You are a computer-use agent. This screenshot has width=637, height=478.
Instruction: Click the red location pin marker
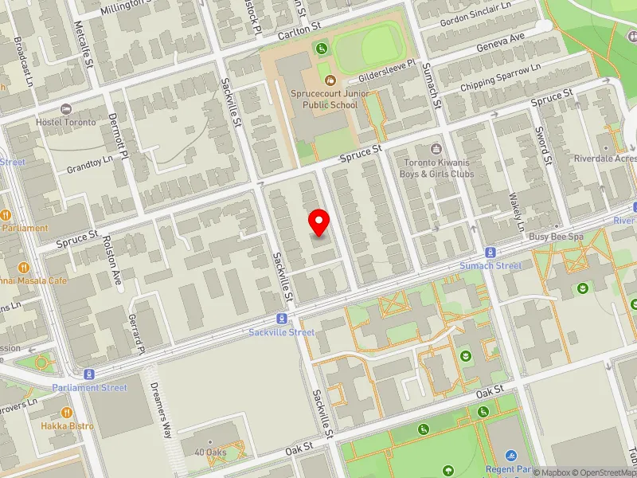coord(319,222)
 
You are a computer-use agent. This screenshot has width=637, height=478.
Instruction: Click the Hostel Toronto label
coord(65,122)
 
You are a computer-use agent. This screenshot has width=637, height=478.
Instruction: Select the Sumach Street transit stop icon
coord(490,252)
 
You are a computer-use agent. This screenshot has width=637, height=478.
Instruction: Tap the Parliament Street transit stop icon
coord(89,374)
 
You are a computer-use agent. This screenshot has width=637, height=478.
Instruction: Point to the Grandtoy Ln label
coord(90,163)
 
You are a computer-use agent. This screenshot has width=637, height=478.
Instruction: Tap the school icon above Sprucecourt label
coord(330,79)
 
